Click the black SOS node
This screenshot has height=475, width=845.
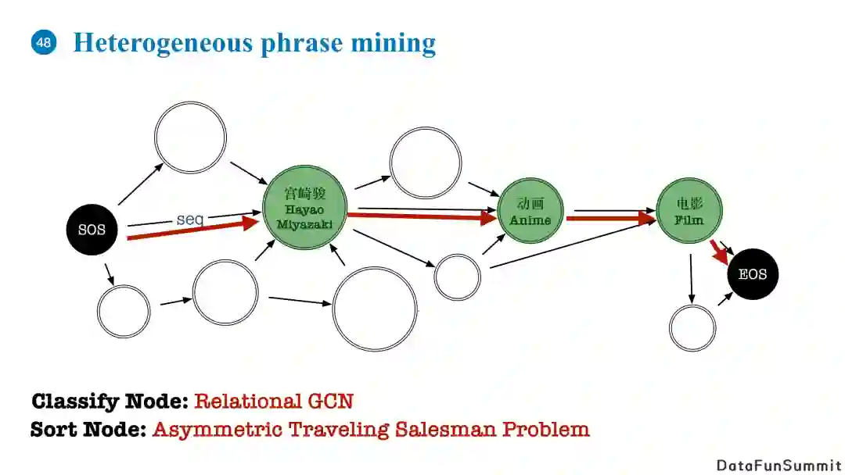[92, 230]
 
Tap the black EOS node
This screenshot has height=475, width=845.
[753, 275]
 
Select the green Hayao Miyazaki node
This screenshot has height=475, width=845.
[304, 208]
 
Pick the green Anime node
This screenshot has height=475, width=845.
[530, 212]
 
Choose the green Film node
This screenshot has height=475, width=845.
[689, 212]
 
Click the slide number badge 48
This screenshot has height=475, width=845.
[44, 42]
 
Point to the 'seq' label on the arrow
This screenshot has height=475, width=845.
[190, 220]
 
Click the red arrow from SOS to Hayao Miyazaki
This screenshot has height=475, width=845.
[192, 229]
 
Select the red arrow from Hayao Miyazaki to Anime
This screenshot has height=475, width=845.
[422, 216]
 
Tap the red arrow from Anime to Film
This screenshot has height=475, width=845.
[610, 219]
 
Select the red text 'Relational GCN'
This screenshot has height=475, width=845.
[273, 402]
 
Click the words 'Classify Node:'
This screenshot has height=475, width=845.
[110, 402]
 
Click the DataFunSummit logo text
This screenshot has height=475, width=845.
[778, 465]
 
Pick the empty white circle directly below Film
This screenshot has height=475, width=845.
[692, 328]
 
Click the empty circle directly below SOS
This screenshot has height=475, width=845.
[124, 311]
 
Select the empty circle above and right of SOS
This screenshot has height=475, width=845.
[190, 137]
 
